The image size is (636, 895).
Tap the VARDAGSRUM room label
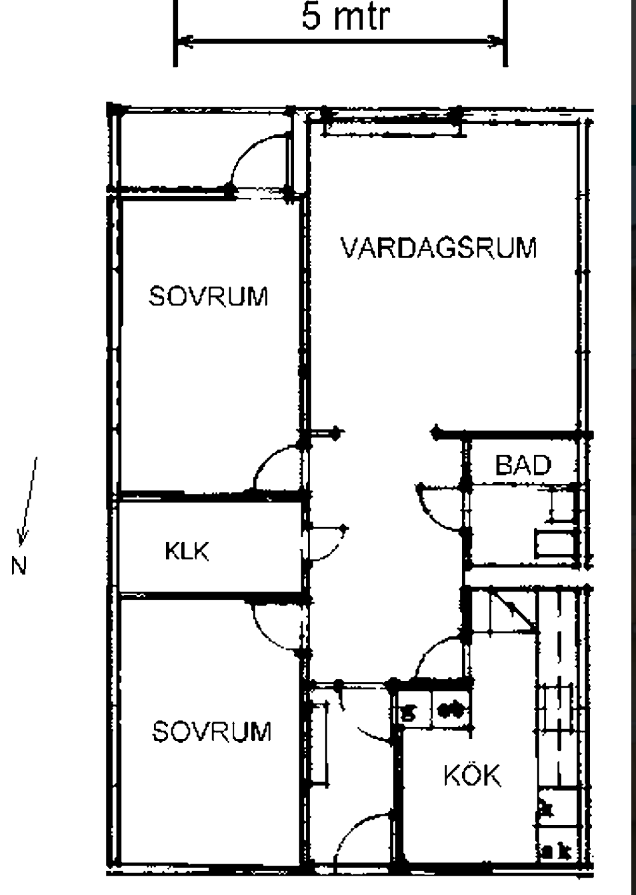pos(439,247)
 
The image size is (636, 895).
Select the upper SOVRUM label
pos(208,295)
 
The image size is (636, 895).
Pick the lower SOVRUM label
pos(212,731)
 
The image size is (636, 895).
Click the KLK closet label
pos(187,552)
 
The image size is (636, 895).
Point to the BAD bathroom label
pos(523,465)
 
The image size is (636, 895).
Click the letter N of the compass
pos(19,566)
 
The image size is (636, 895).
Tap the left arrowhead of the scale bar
pos(185,41)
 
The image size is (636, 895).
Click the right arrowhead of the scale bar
pos(496,41)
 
